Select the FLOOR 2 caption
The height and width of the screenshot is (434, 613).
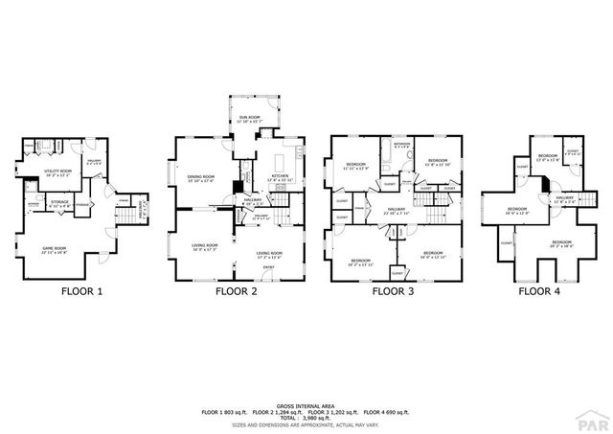click(236, 292)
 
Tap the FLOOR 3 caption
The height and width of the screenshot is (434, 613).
click(393, 292)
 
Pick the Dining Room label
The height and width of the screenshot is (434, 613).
click(200, 177)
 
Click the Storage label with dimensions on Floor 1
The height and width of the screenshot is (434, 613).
click(58, 204)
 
